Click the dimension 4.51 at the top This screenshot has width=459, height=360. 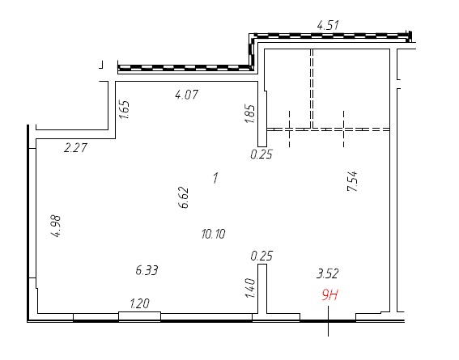[x=328, y=25]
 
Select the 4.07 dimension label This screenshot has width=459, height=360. [x=186, y=95]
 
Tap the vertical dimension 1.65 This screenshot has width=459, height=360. [x=125, y=110]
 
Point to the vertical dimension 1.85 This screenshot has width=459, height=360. [x=250, y=114]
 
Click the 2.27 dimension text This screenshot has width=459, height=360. [x=75, y=148]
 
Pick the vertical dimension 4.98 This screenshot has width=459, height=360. [x=56, y=226]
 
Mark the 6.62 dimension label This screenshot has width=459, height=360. [x=184, y=197]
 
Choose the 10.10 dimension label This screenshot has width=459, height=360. [x=214, y=234]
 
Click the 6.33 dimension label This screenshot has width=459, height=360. [x=147, y=270]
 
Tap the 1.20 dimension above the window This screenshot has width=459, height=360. [x=139, y=303]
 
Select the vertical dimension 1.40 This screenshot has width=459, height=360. [x=250, y=288]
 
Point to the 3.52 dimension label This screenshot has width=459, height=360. [x=328, y=273]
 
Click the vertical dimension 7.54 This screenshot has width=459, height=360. [x=352, y=181]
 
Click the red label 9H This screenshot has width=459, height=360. [x=330, y=294]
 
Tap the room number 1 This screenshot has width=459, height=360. [x=216, y=178]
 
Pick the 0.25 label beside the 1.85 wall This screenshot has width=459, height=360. [x=261, y=154]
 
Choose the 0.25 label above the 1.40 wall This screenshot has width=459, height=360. [x=261, y=256]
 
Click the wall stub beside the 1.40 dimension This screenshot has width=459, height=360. [x=262, y=289]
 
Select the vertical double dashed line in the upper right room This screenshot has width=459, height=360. [x=312, y=89]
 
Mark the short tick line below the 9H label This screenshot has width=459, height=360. [x=328, y=321]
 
